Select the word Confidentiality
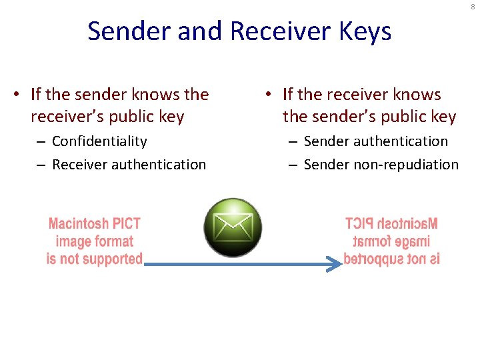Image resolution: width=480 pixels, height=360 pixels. pyautogui.click(x=99, y=141)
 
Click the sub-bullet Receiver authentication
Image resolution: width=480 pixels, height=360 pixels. pyautogui.click(x=129, y=164)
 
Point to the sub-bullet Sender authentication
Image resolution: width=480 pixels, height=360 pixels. pyautogui.click(x=376, y=141)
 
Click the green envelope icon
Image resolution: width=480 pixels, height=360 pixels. pyautogui.click(x=233, y=228)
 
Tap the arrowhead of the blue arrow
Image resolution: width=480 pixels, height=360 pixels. pyautogui.click(x=335, y=264)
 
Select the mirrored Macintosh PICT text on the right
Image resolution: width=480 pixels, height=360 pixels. pyautogui.click(x=391, y=224)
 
